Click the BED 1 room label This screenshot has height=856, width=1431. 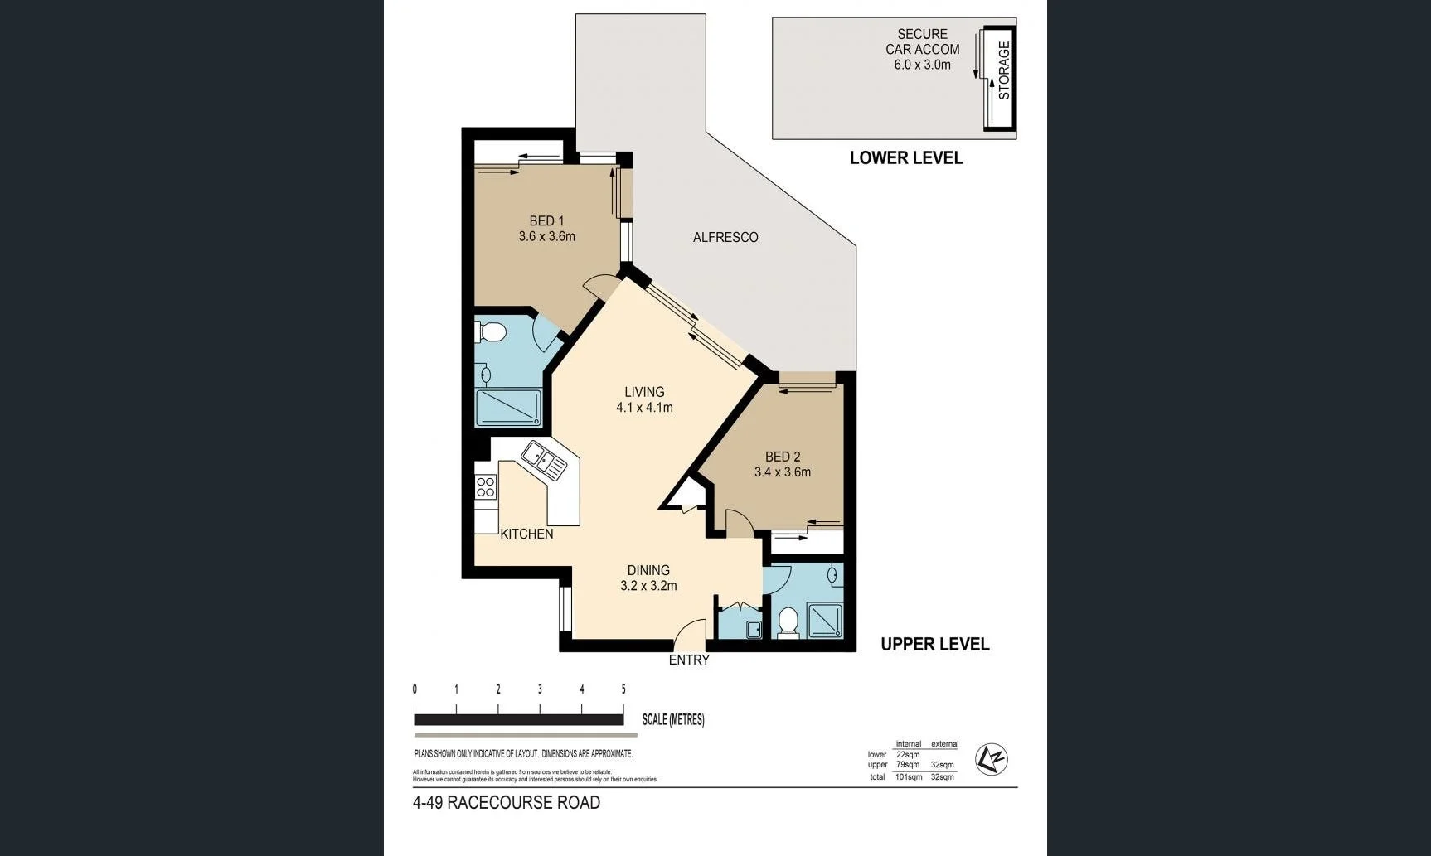[546, 229]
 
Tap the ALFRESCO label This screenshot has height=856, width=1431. [725, 237]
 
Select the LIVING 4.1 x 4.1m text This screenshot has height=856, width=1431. [644, 399]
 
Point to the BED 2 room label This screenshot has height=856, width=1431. [783, 464]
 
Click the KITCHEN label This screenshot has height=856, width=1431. [526, 534]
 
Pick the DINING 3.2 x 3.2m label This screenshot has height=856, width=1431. [648, 578]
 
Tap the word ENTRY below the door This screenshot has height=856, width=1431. [689, 660]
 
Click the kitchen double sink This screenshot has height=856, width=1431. [544, 461]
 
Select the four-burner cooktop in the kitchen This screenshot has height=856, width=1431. [486, 487]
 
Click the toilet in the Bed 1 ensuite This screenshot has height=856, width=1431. [492, 333]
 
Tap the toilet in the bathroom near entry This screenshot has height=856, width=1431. [788, 621]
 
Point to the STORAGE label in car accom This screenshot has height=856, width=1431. [1004, 71]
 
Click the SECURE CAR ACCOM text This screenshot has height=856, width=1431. [922, 49]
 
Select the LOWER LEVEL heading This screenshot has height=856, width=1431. [905, 158]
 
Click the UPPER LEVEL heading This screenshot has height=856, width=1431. [934, 644]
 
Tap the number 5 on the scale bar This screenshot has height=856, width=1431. [623, 689]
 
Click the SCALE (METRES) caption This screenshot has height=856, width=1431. [673, 719]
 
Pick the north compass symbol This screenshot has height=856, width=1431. [991, 759]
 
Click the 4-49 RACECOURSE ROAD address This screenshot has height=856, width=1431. [507, 802]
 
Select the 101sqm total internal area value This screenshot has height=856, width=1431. [909, 777]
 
